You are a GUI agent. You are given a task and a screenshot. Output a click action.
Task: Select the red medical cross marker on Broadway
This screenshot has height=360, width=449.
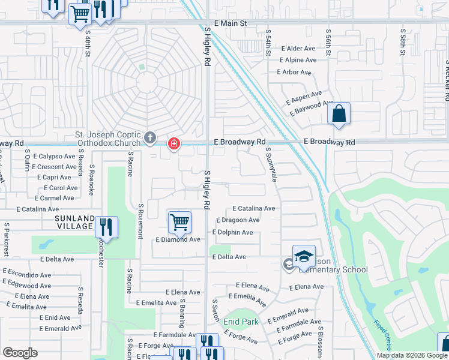[174, 143]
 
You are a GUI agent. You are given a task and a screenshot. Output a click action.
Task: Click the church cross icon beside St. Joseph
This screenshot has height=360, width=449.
[150, 139]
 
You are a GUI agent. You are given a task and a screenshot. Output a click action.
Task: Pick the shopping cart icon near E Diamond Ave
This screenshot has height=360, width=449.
[179, 223]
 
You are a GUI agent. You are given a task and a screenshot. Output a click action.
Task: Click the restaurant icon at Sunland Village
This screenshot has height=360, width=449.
[106, 227]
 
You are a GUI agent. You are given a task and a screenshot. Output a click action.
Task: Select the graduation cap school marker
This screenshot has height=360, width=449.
[304, 256]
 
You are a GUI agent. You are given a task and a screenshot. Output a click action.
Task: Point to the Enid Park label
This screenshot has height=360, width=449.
[241, 322]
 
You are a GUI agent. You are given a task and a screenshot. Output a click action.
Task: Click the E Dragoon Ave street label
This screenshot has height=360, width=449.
[237, 220]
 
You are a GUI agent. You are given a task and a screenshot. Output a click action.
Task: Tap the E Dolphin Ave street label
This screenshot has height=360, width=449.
[232, 232]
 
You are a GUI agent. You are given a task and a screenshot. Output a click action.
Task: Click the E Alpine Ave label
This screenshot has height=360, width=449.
[298, 60]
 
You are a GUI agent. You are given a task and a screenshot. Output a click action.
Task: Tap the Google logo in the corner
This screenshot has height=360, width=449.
[20, 352]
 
